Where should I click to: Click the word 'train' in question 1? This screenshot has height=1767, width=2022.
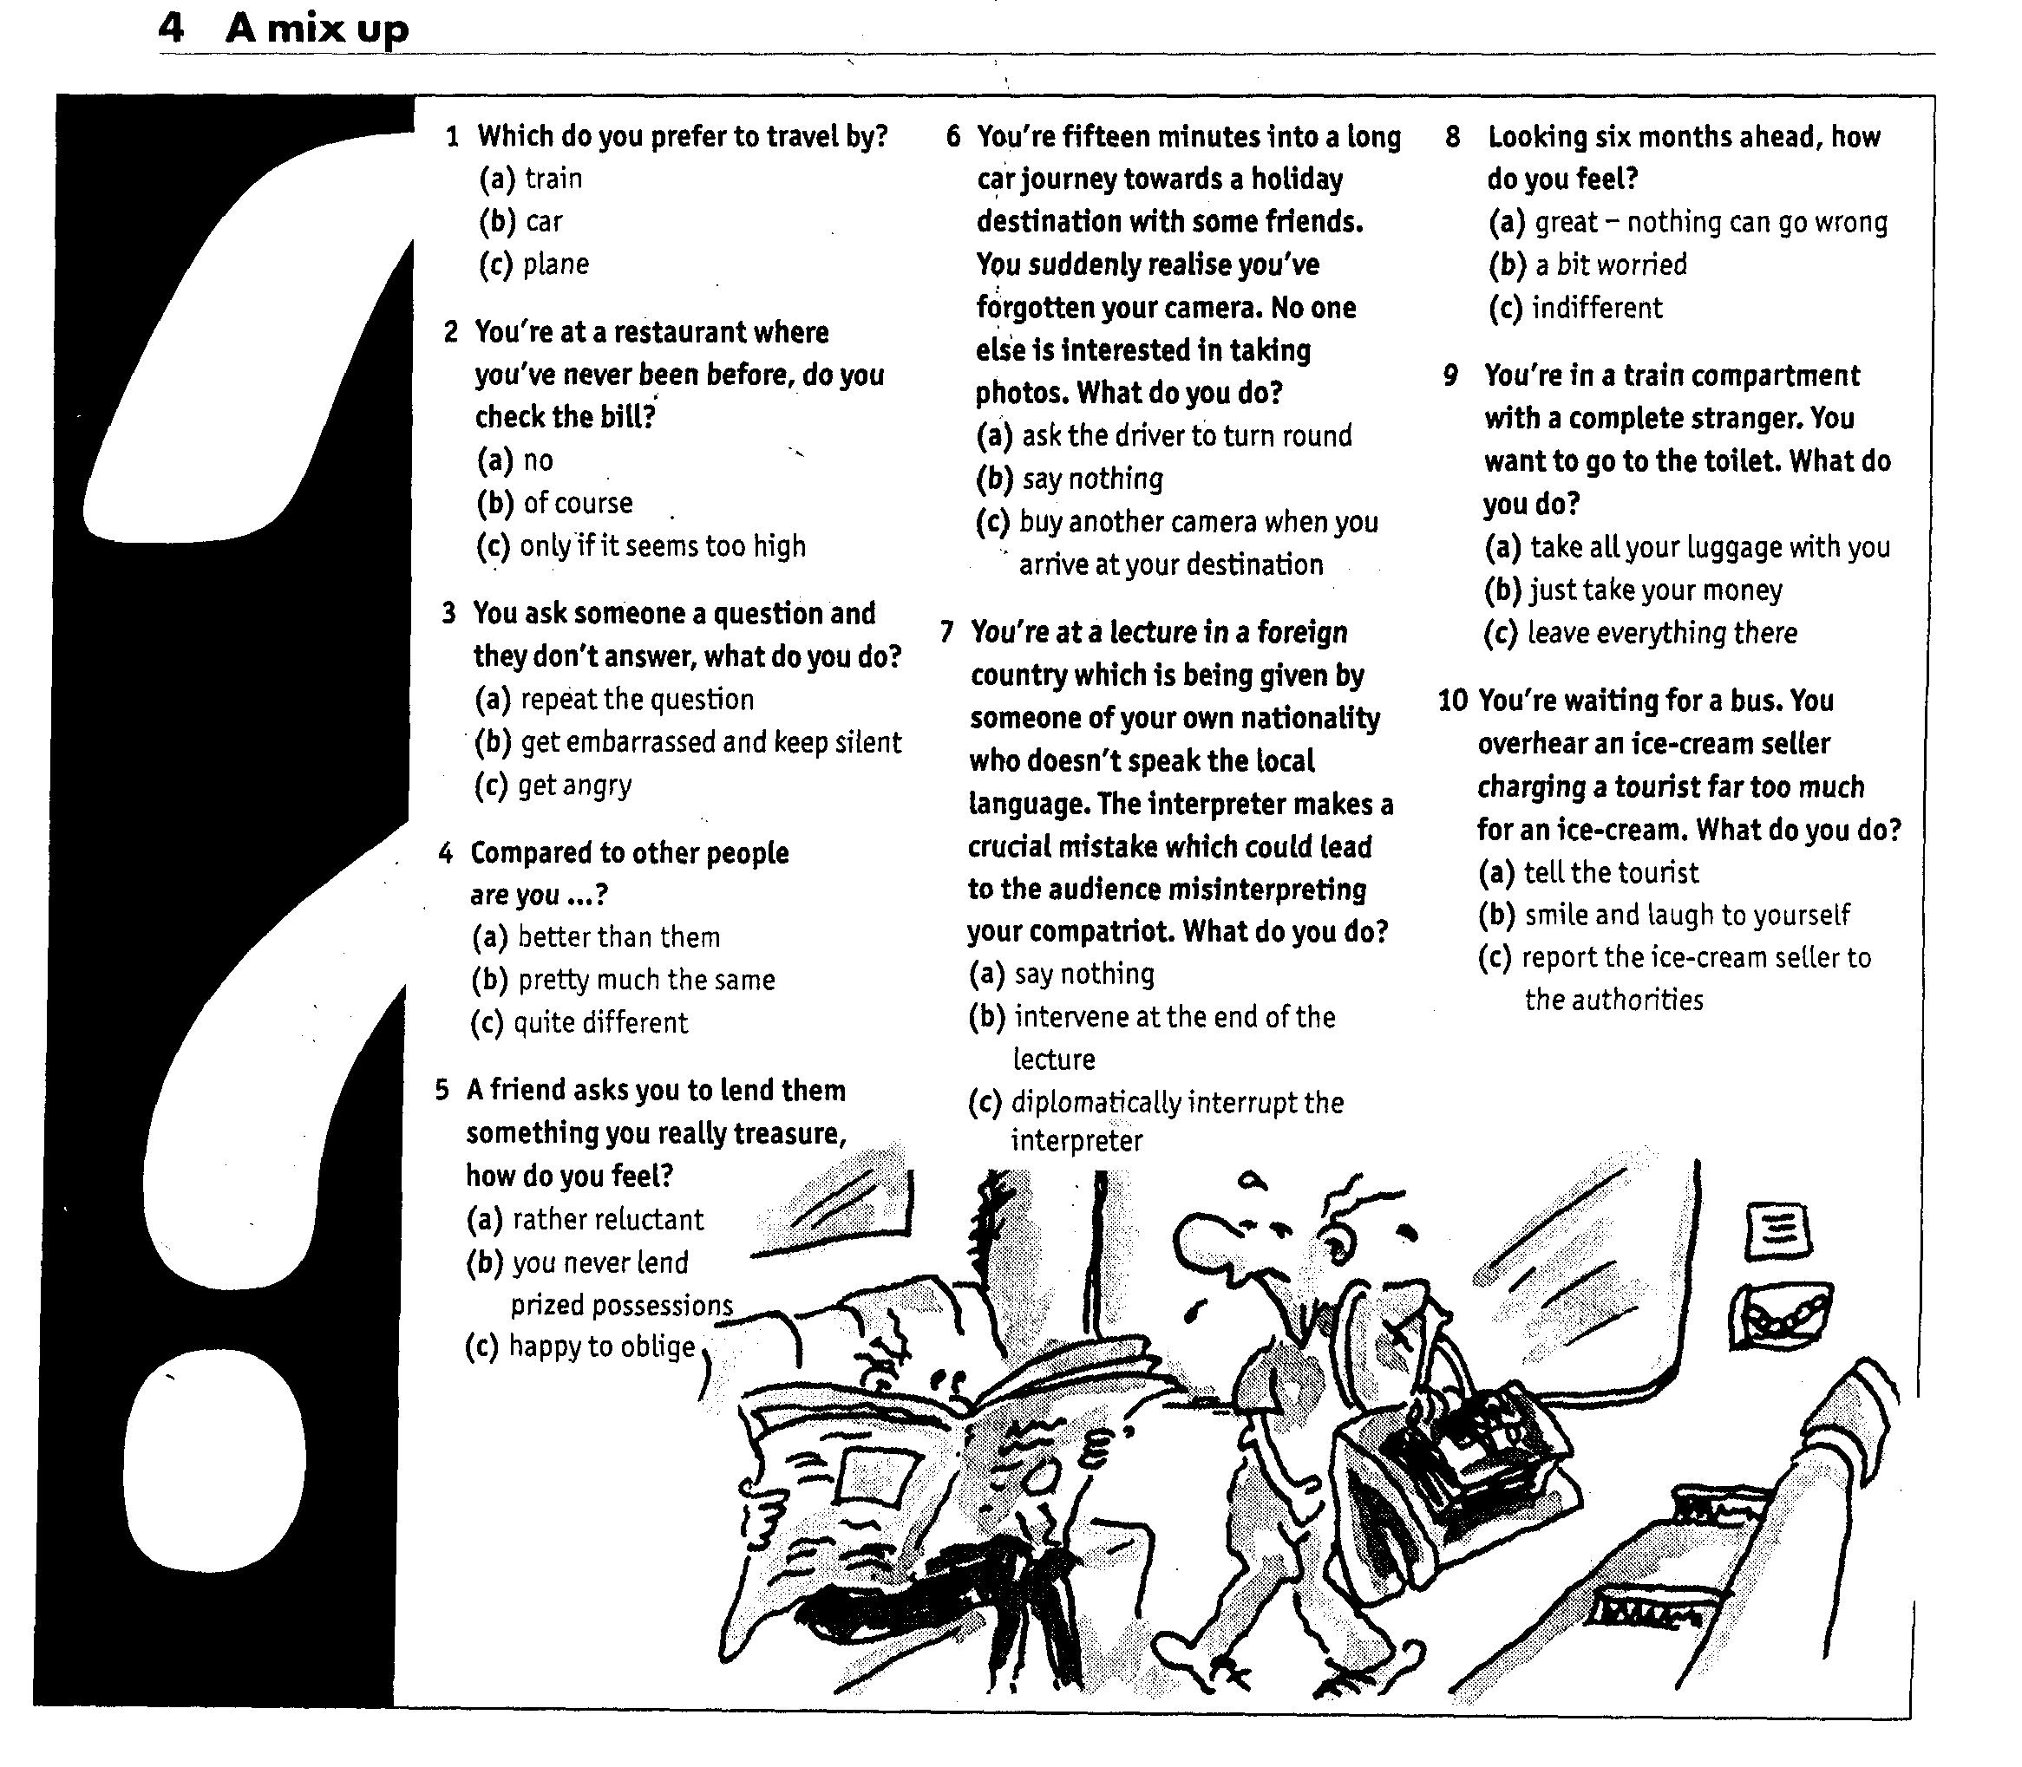pyautogui.click(x=553, y=179)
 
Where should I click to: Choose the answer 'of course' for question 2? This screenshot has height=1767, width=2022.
pyautogui.click(x=577, y=503)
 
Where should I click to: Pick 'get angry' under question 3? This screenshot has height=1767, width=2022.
pyautogui.click(x=574, y=785)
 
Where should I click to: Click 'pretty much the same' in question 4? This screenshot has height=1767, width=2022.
pyautogui.click(x=646, y=980)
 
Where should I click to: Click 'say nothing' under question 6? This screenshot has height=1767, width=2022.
pyautogui.click(x=1092, y=479)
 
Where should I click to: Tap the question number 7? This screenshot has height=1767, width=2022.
pyautogui.click(x=947, y=632)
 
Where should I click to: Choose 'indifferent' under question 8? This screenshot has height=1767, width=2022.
pyautogui.click(x=1597, y=309)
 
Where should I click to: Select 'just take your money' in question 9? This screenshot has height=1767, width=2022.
pyautogui.click(x=1656, y=590)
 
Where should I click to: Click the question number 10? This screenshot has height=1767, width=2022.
pyautogui.click(x=1452, y=701)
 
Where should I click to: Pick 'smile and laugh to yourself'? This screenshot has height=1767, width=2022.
pyautogui.click(x=1686, y=915)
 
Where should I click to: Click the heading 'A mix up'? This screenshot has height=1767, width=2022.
pyautogui.click(x=317, y=29)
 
